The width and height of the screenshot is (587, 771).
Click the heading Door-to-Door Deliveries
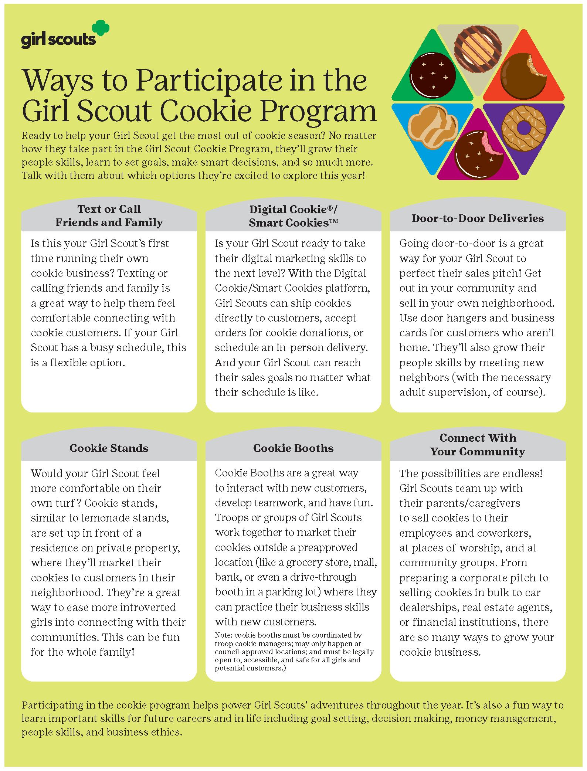pyautogui.click(x=478, y=218)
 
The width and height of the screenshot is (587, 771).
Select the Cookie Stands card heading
pyautogui.click(x=109, y=448)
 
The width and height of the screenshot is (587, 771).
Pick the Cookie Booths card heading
pyautogui.click(x=293, y=448)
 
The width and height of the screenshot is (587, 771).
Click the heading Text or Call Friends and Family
pyautogui.click(x=109, y=216)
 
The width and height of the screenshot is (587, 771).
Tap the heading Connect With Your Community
pyautogui.click(x=478, y=445)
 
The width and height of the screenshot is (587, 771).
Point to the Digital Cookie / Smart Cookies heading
pyautogui.click(x=293, y=216)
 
